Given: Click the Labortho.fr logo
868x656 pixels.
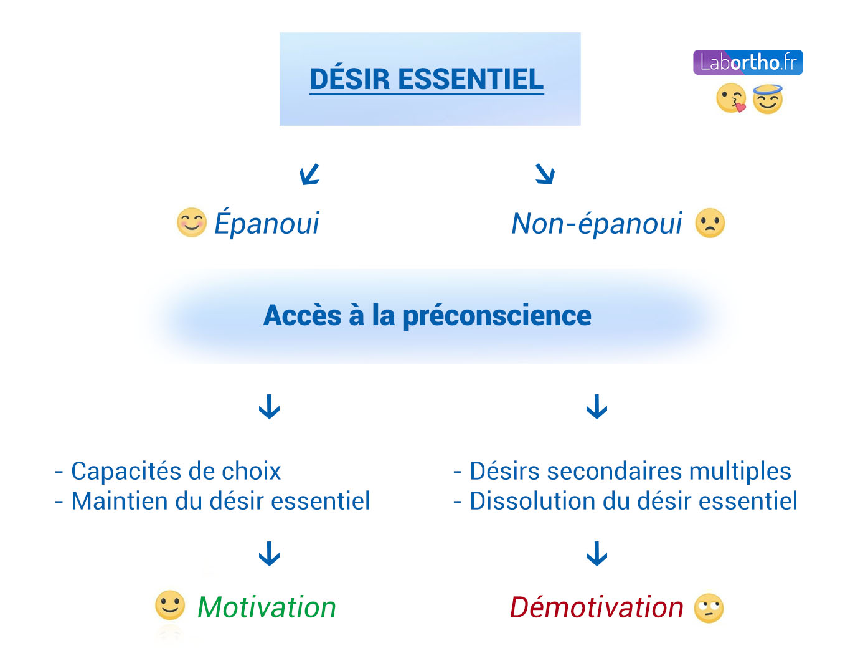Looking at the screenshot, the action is pos(747,62).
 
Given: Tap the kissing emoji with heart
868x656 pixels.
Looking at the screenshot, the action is pos(731,98).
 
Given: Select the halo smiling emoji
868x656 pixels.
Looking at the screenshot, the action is pos(767,99).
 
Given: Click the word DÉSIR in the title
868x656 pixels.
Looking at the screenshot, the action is pos(349,78).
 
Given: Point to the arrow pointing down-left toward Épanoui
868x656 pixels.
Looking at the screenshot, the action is pos(309,174).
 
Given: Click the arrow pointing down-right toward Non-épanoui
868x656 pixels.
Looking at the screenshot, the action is pos(545,174).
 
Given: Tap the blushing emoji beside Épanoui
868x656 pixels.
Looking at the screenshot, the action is pos(191,222).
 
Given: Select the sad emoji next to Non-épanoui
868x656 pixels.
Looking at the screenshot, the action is pos(710,223).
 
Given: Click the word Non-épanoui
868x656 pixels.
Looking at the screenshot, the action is pos(597,224).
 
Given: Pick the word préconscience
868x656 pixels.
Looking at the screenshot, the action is pos(497,316).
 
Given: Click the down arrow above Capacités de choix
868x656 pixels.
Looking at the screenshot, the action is pos(269,406).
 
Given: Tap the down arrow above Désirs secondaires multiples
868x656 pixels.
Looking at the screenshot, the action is pos(597,406).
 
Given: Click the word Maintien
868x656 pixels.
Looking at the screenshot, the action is pos(120,501).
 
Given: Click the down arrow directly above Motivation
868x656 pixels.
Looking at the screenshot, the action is pos(269,554).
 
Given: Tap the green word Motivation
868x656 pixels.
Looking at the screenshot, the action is pos(267,607).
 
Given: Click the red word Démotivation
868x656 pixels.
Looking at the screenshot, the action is pos(597,607).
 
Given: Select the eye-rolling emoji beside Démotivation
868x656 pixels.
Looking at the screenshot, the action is pos(709,608).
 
